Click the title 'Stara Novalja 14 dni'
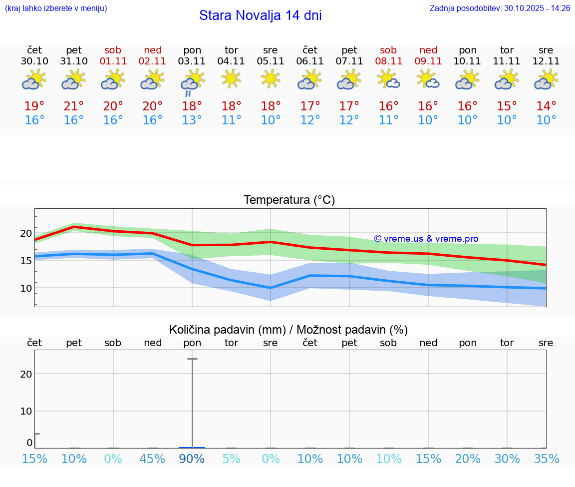(x=260, y=15)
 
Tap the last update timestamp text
(x=500, y=8)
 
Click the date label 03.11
(x=192, y=61)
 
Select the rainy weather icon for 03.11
(x=192, y=83)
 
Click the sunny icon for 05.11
(x=271, y=78)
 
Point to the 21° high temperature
(x=74, y=106)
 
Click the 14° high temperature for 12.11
(x=546, y=106)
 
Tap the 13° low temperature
(x=192, y=120)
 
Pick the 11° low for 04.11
(x=231, y=120)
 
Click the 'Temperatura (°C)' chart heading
(x=289, y=200)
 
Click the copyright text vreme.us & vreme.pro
(x=426, y=239)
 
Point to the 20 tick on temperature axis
(x=26, y=233)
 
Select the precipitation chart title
(x=288, y=330)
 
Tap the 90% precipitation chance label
(x=192, y=459)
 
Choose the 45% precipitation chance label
(x=152, y=459)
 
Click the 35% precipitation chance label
(x=546, y=459)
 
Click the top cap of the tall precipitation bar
(x=192, y=359)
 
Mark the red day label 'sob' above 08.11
(x=388, y=50)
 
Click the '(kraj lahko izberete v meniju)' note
(x=56, y=8)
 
